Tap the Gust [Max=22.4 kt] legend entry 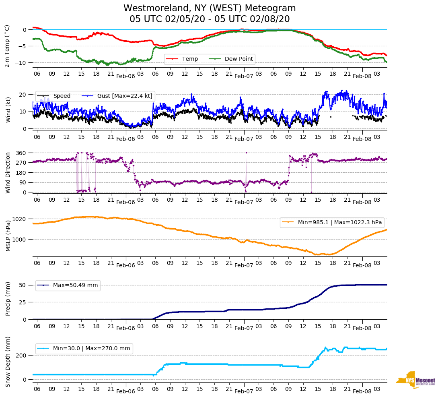(x=125, y=96)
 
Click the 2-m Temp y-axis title (x=7, y=46)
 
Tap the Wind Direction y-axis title (x=8, y=173)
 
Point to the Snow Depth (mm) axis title (x=8, y=362)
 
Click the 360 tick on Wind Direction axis (x=21, y=153)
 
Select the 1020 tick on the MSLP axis (x=20, y=219)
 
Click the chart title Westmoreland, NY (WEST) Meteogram (x=210, y=8)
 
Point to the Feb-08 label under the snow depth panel (x=362, y=391)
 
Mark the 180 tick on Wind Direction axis (x=21, y=173)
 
